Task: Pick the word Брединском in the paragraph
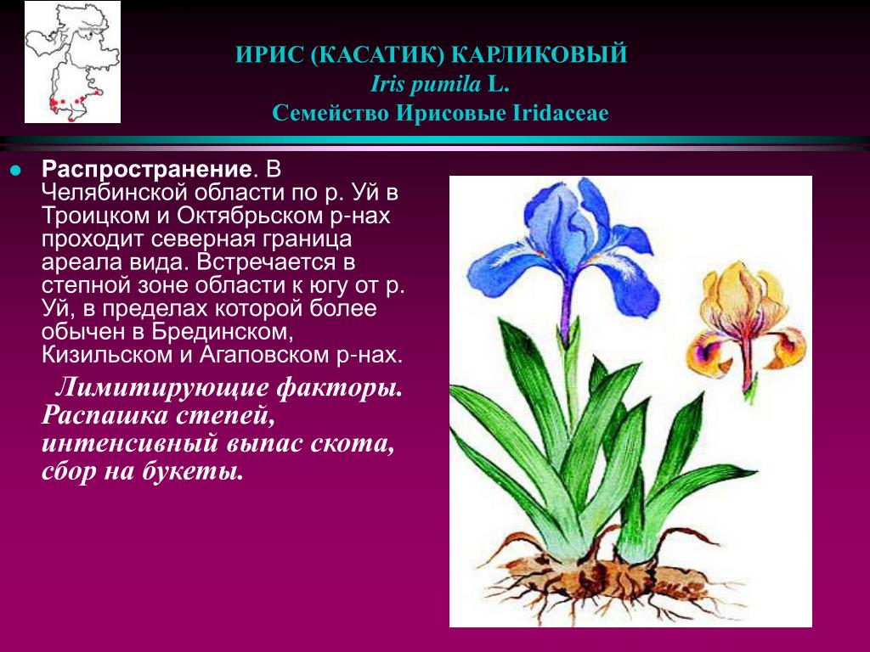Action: click(x=222, y=332)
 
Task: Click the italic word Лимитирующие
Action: click(x=161, y=388)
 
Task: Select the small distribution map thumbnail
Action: click(x=73, y=61)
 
